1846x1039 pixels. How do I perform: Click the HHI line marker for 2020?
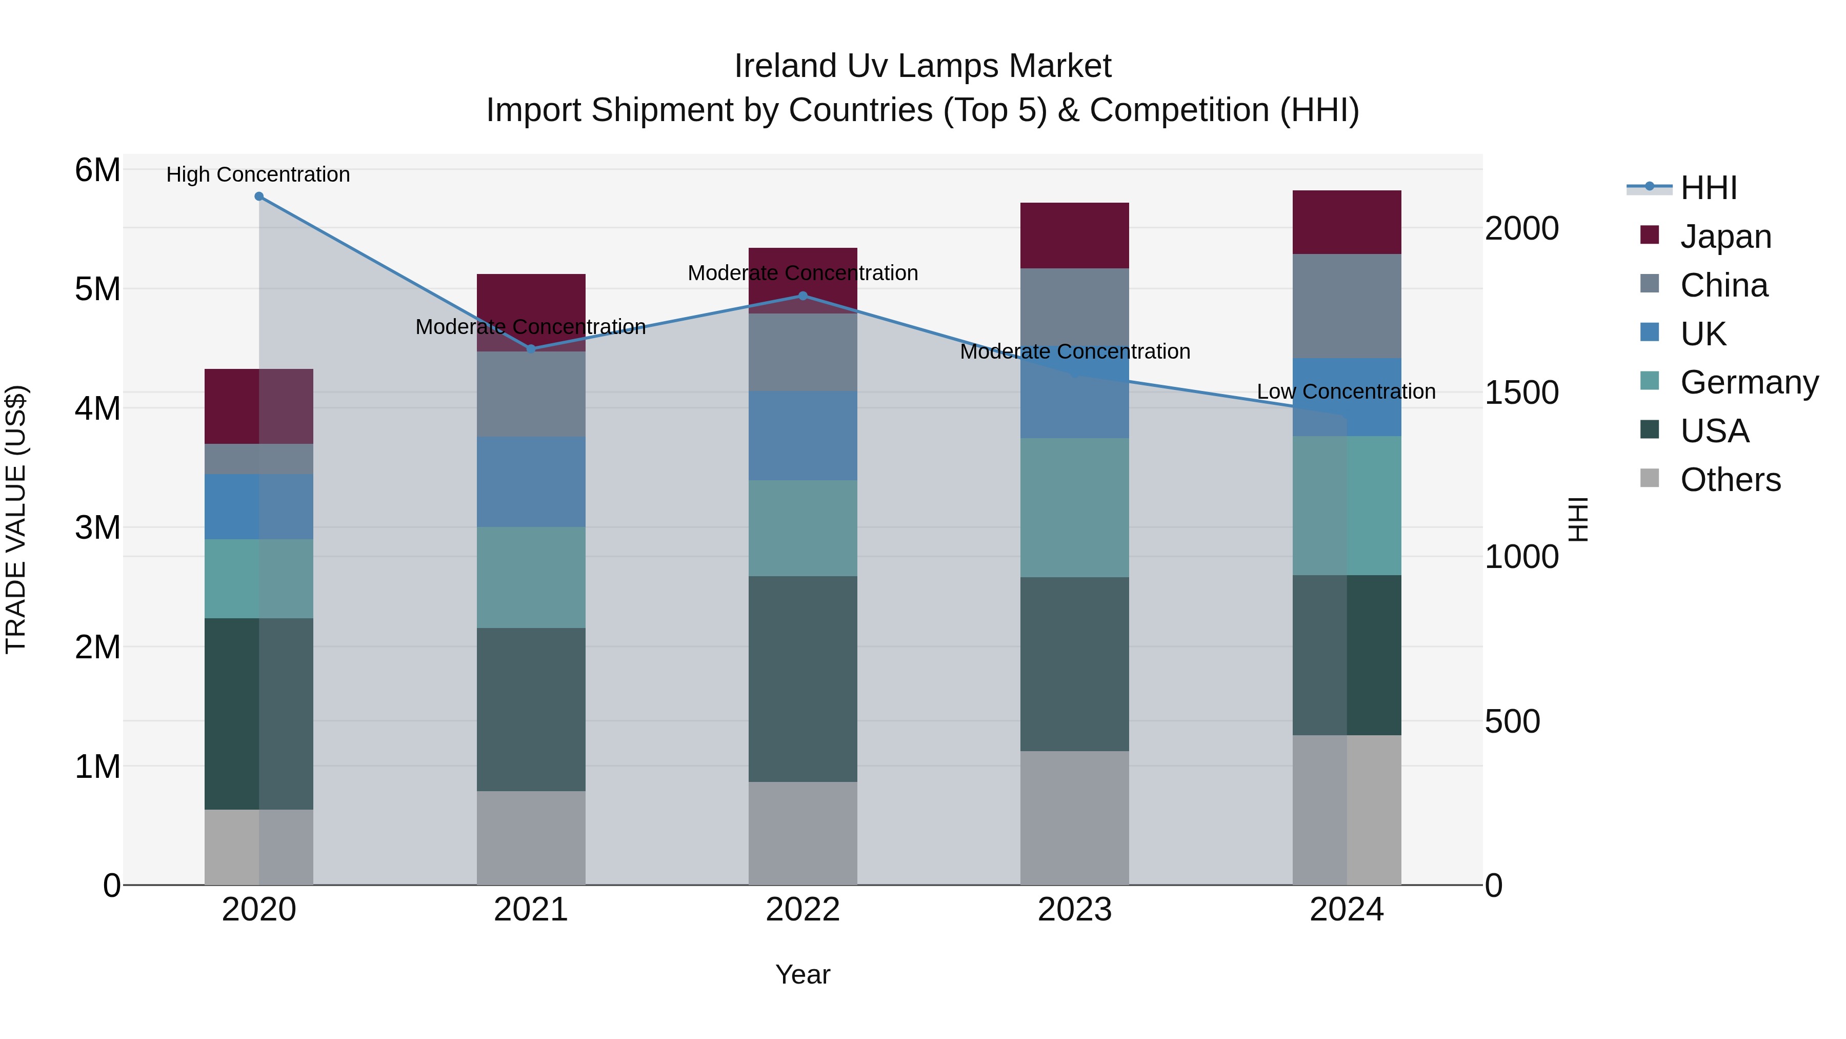tap(259, 197)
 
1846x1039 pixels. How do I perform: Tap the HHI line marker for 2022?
tap(802, 296)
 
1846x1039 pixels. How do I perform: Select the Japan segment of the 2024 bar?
tap(1347, 222)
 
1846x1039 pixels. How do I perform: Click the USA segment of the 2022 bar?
tap(802, 678)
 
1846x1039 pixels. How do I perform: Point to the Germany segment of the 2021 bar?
tap(531, 577)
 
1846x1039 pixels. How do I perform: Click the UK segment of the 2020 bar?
tap(259, 506)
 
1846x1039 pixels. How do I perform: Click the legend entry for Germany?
tap(1749, 382)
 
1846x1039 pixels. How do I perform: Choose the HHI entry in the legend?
tap(1709, 188)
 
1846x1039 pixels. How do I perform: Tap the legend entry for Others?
tap(1730, 480)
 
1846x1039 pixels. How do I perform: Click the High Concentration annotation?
tap(258, 174)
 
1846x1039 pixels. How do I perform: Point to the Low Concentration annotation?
tap(1346, 391)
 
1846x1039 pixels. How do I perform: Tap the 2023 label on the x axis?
tap(1074, 909)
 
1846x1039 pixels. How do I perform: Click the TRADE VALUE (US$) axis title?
tap(16, 519)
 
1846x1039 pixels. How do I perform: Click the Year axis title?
tap(802, 974)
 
